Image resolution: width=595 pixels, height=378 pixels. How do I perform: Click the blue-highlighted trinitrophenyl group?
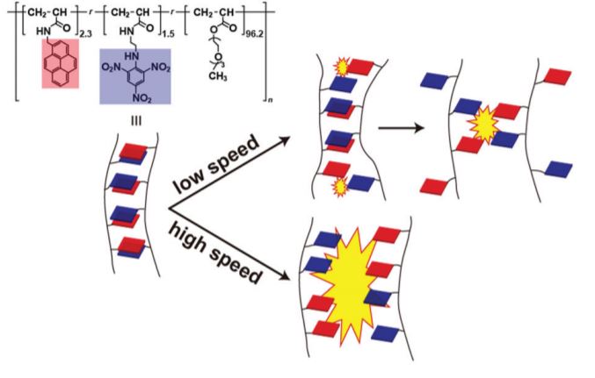tap(143, 75)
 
